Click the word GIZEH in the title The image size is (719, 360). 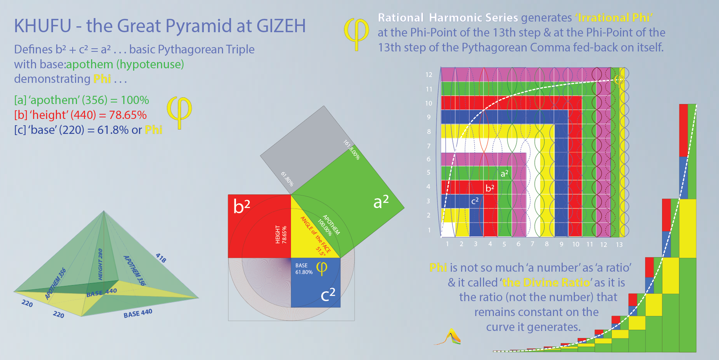point(281,26)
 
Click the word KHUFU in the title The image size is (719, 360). point(42,26)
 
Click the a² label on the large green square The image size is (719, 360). point(381,201)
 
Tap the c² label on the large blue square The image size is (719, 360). point(328,294)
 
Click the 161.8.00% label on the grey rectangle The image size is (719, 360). point(351,150)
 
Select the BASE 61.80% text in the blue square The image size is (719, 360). point(304,269)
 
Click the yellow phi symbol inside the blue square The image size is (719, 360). point(322,269)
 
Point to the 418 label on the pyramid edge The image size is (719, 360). point(161,258)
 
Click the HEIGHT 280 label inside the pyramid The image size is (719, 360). point(101,264)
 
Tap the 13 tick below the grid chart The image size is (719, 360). point(619,245)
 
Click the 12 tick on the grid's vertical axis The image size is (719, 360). point(429,75)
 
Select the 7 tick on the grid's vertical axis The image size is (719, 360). point(429,146)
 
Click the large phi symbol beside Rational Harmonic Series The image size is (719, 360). point(356,34)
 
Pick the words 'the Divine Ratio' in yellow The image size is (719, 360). point(546,283)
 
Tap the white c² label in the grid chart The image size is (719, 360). point(475,201)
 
